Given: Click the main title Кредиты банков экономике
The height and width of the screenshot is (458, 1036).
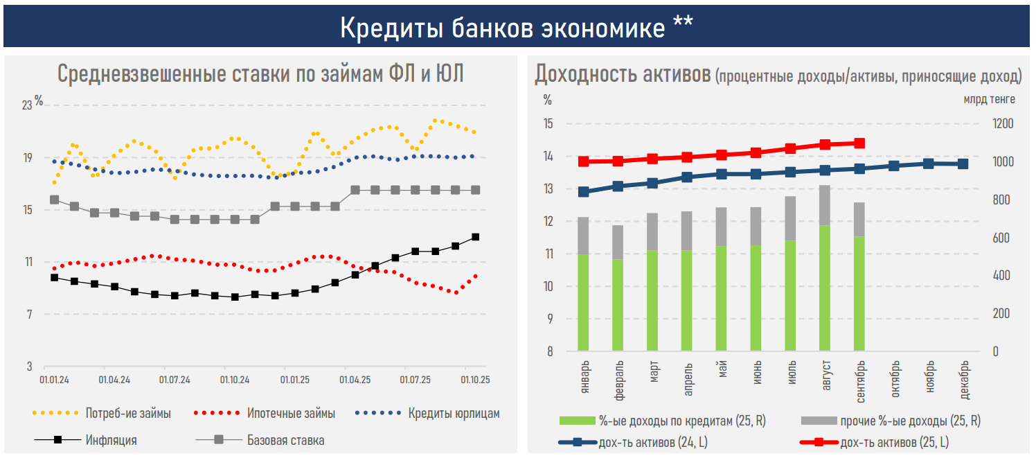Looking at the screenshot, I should (517, 27).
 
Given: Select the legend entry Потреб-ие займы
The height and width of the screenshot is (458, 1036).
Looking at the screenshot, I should (128, 414).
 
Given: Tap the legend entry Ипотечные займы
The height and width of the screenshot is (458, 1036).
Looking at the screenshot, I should (291, 414).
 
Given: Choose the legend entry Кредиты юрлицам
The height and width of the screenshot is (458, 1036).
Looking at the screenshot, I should (453, 414).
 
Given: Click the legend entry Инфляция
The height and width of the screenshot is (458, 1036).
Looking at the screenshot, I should (111, 440).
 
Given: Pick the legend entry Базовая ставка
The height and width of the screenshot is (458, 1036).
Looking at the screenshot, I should (285, 440).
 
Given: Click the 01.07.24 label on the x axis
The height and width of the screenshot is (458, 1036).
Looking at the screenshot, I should (175, 380).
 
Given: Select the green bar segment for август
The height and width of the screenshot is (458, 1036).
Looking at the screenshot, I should (825, 288).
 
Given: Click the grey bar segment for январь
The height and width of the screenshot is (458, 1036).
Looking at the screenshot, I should (583, 236).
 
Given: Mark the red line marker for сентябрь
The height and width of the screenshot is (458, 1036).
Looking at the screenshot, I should (859, 143).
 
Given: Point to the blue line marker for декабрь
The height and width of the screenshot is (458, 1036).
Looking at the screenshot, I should (963, 164).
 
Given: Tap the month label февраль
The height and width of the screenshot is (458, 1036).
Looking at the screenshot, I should (618, 378).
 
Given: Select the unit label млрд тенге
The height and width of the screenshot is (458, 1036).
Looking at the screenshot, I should (989, 99).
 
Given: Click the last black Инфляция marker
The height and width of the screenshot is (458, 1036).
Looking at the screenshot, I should (476, 237).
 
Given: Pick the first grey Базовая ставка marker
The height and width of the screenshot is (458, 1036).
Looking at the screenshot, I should (54, 200).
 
